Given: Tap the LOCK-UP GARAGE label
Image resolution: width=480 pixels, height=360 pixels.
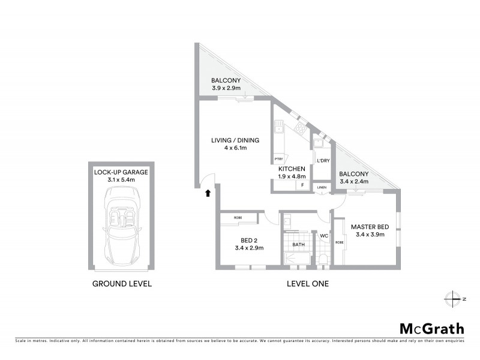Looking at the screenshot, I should click(x=121, y=172).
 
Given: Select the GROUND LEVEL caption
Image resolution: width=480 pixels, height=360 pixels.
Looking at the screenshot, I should click(x=121, y=283).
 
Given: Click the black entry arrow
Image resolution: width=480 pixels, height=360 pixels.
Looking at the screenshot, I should click(x=208, y=193).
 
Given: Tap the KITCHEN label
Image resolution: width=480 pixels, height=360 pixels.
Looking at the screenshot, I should click(x=292, y=169).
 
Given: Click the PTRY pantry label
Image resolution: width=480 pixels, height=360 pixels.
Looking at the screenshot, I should click(x=278, y=160).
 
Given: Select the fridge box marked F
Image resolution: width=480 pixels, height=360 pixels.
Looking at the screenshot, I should click(x=302, y=185).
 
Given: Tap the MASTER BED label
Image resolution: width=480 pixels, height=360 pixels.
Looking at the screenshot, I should click(x=372, y=227).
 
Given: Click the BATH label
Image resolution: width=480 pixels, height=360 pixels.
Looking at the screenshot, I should click(x=298, y=245).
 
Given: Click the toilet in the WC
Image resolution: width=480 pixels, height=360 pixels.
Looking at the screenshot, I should click(x=323, y=258).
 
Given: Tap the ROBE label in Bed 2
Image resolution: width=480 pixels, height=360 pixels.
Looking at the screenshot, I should click(x=238, y=217).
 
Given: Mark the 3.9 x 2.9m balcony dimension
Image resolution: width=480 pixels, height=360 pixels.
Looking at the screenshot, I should click(x=226, y=89).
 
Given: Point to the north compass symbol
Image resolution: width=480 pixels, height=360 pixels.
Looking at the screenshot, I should click(x=451, y=298).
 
